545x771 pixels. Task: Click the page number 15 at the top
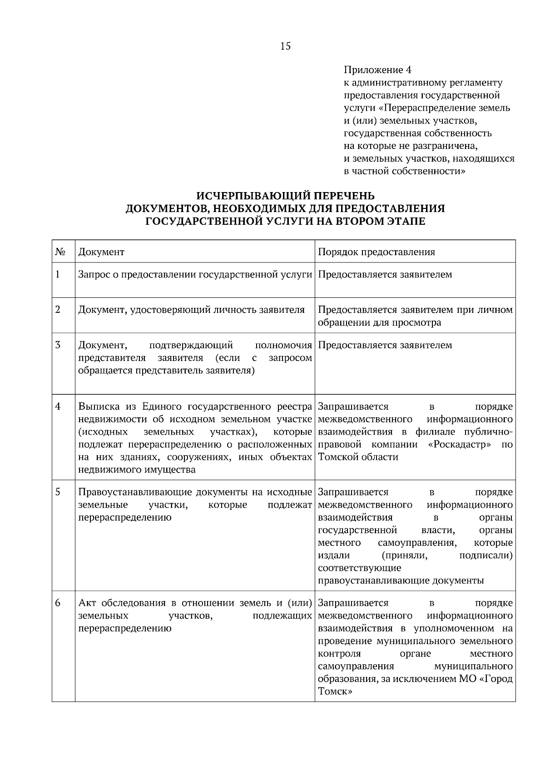[x=286, y=46]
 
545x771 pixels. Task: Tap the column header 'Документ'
[x=101, y=252]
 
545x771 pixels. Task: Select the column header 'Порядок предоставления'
[x=376, y=252]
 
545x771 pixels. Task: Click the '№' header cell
[x=59, y=252]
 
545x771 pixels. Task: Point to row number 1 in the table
[x=58, y=274]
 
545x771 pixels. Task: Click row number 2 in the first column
[x=58, y=310]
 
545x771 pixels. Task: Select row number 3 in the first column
[x=58, y=345]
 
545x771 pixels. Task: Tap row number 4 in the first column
[x=58, y=406]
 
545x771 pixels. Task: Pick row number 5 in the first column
[x=58, y=492]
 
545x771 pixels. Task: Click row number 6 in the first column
[x=58, y=603]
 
